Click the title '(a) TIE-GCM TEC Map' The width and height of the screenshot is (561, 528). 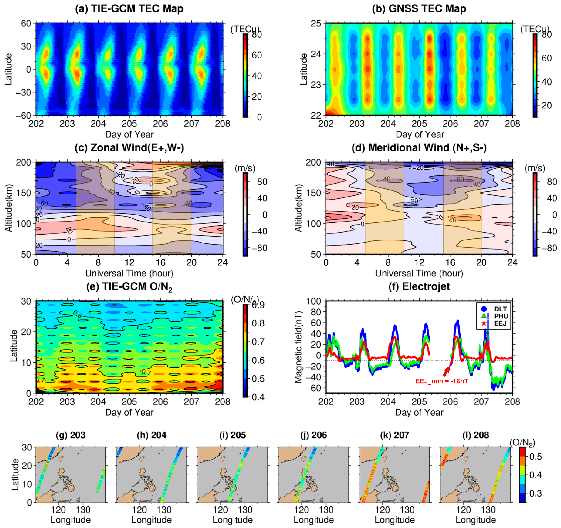point(129,9)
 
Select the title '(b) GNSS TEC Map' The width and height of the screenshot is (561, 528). point(419,9)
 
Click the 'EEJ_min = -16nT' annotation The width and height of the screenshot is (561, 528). point(442,381)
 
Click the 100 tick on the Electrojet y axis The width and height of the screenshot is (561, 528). point(314,301)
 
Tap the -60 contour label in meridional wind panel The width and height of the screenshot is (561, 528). point(460,179)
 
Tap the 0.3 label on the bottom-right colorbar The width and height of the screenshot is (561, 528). point(535,493)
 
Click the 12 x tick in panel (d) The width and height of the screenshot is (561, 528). point(419,262)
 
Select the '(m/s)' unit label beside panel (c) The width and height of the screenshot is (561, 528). point(245,168)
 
